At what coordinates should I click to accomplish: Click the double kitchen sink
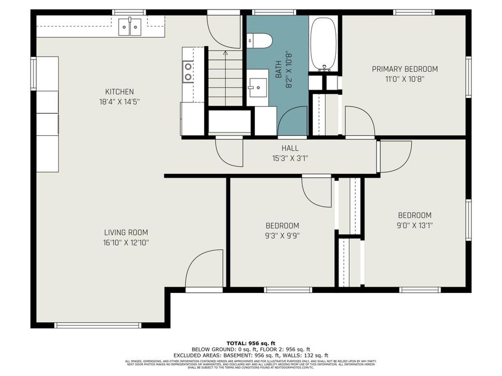[130, 26]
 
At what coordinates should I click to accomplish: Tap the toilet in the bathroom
[260, 40]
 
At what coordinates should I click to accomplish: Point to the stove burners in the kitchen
[189, 71]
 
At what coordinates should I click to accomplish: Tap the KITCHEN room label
[119, 92]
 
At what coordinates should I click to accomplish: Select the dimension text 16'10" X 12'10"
[126, 242]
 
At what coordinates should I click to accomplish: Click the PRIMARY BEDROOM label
[404, 69]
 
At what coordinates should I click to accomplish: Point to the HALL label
[289, 148]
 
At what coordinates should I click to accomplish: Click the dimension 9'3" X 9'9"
[282, 235]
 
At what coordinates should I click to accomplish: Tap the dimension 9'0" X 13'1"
[414, 225]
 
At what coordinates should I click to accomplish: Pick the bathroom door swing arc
[292, 122]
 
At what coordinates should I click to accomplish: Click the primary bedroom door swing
[359, 121]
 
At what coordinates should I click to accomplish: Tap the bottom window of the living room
[97, 325]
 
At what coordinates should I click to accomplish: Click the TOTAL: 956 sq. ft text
[251, 343]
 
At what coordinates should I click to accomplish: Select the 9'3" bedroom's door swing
[317, 192]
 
